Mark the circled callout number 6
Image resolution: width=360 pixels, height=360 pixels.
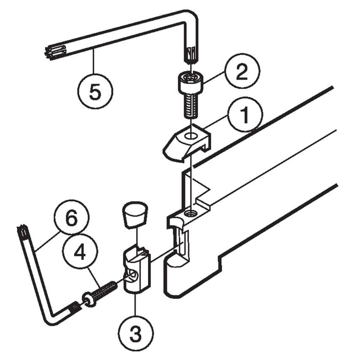tap(72, 218)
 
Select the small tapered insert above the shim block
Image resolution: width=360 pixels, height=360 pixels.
tap(135, 214)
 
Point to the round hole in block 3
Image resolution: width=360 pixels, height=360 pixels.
tap(133, 276)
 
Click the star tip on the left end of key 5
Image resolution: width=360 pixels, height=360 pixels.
tap(52, 53)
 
